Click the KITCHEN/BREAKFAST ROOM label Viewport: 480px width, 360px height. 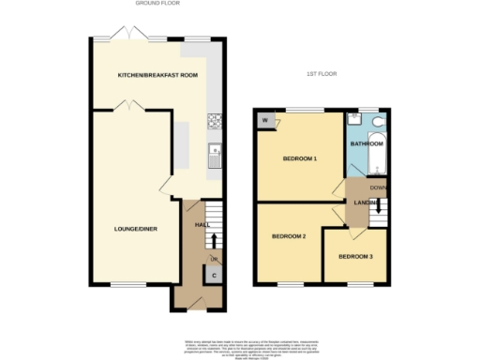point(157,74)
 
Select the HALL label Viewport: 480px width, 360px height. point(201,225)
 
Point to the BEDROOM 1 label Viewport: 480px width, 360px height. point(300,158)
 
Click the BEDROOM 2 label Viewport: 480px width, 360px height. point(290,235)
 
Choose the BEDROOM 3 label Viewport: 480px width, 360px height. point(356,256)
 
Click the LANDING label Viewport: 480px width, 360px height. point(365,202)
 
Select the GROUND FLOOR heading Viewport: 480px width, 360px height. point(157,4)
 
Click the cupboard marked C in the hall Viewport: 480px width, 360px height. point(215,275)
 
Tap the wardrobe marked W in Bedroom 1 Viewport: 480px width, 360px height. point(265,120)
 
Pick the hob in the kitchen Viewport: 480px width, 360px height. point(215,120)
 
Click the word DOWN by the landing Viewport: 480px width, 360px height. point(379,187)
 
